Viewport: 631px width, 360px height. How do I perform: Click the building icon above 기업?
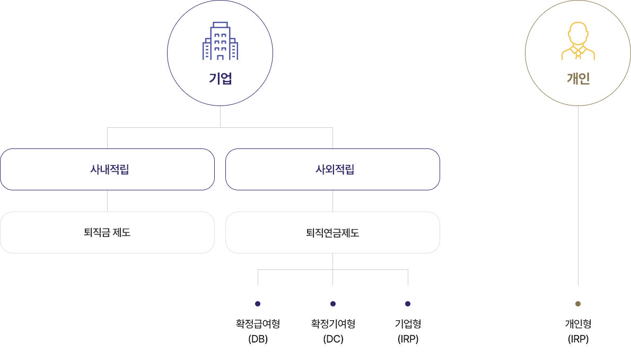[220, 41]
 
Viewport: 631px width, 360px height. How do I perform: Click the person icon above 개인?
[578, 41]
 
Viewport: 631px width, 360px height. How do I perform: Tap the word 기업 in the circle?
[220, 79]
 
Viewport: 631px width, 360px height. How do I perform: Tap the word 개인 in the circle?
[578, 79]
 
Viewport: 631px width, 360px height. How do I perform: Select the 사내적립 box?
[107, 170]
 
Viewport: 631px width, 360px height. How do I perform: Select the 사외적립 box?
[332, 170]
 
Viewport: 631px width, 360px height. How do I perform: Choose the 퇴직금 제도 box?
[107, 232]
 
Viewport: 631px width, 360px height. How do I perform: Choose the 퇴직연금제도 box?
[332, 232]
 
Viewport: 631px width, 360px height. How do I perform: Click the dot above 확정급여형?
[258, 304]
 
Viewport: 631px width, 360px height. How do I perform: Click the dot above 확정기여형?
[333, 304]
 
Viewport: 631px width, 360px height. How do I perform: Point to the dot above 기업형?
[408, 304]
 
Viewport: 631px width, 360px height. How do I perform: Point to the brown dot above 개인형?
[578, 304]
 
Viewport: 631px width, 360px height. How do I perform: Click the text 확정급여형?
[258, 323]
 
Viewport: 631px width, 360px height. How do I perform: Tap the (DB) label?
[258, 339]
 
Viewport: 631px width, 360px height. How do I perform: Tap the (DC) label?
[333, 339]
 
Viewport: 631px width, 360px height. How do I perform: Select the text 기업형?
[408, 323]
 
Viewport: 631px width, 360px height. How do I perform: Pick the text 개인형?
[578, 323]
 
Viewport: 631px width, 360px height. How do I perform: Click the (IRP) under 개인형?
[578, 339]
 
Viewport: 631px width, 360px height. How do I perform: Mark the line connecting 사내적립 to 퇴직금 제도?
[107, 201]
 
